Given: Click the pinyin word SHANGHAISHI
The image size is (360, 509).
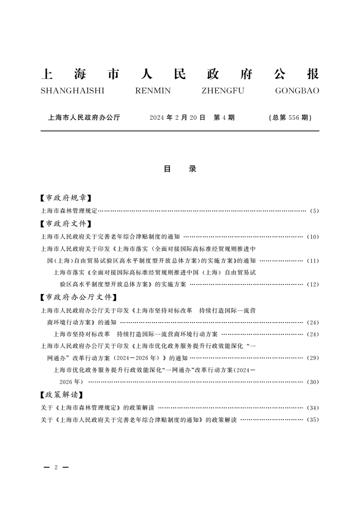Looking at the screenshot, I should [x=73, y=91].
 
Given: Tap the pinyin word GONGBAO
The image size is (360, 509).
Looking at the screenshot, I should [x=297, y=91].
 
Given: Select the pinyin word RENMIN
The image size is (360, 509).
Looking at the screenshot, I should [x=153, y=91].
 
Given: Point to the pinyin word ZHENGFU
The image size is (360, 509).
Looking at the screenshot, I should [x=222, y=91].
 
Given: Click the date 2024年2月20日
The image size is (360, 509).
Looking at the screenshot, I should [x=178, y=117].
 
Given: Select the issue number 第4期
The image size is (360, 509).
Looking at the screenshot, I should [x=224, y=117].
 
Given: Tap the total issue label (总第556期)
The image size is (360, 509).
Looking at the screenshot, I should [x=290, y=117].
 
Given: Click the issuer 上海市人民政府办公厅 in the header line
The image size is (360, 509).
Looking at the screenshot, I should [x=84, y=117].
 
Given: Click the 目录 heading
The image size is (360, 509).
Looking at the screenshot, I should [x=180, y=169].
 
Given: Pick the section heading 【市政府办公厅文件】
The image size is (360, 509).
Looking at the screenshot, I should [x=76, y=298].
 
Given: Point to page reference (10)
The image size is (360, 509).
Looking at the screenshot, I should [x=313, y=237].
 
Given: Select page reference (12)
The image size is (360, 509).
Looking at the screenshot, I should [x=313, y=284].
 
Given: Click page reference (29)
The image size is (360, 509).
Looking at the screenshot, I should [x=313, y=358].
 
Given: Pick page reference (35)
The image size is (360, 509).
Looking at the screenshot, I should [x=313, y=420].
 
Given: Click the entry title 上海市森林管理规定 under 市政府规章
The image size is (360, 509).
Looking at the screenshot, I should [x=69, y=211].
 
